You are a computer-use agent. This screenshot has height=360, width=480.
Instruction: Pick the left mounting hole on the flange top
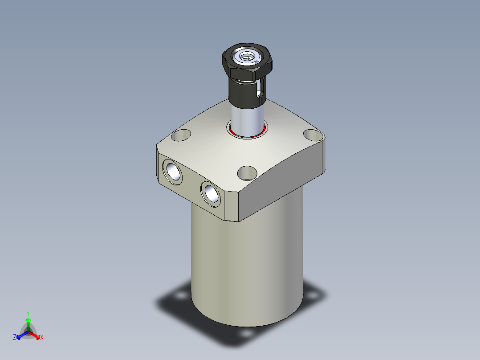pyautogui.click(x=181, y=135)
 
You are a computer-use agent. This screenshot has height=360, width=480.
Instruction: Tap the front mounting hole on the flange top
pyautogui.click(x=248, y=172)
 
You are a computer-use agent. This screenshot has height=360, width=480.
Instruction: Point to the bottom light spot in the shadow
pyautogui.click(x=245, y=332)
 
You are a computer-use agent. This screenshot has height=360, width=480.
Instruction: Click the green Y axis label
pyautogui.click(x=28, y=313)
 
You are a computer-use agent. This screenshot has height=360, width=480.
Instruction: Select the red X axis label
pyautogui.click(x=42, y=338)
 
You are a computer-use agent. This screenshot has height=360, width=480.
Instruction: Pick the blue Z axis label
pyautogui.click(x=15, y=338)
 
